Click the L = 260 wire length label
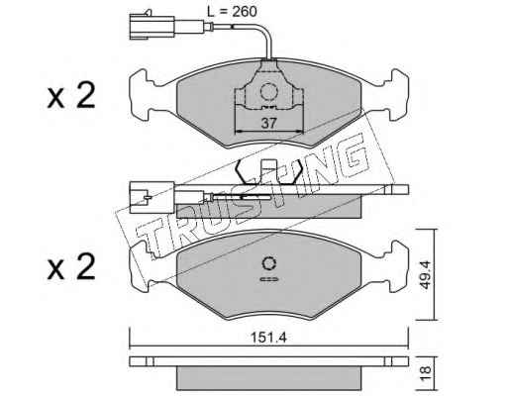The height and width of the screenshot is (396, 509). click(232, 12)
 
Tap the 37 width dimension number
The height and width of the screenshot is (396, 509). click(268, 123)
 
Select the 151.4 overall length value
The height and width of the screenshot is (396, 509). click(268, 338)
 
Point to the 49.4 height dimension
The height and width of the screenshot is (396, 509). click(426, 275)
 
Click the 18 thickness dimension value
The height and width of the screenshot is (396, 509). click(426, 373)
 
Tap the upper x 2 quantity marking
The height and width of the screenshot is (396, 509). click(71, 96)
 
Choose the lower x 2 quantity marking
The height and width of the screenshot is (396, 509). click(71, 268)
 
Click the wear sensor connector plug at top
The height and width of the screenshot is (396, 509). click(152, 26)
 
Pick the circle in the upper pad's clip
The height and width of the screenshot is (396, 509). click(268, 91)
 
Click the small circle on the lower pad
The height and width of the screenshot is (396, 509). click(269, 264)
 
